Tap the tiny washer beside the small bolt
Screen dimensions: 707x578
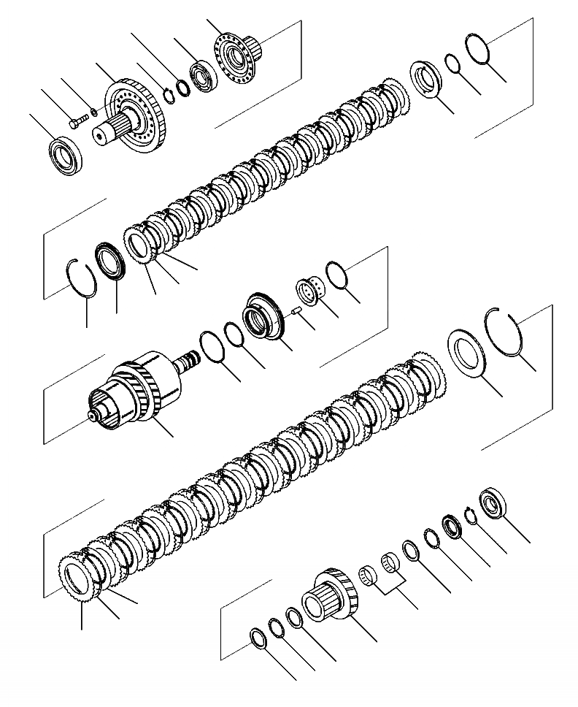point(92,113)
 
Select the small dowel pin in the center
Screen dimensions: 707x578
point(296,311)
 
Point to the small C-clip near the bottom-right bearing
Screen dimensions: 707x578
point(471,515)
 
